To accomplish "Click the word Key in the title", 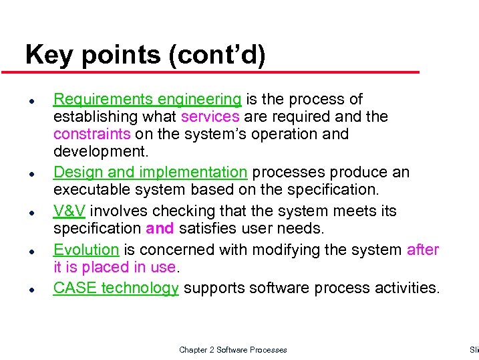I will point(45,56).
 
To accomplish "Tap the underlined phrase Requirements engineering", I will point(147,100).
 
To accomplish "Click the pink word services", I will point(210,117).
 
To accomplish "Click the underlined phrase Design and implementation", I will point(150,173).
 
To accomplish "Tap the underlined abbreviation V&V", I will point(69,211).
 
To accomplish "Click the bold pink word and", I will point(160,229).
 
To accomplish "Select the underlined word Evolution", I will point(86,250).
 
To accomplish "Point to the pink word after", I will point(422,250).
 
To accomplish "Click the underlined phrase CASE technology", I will point(116,288).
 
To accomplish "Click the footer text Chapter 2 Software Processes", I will point(232,350).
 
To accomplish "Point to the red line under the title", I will point(220,72).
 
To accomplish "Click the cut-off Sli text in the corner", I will point(474,350).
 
